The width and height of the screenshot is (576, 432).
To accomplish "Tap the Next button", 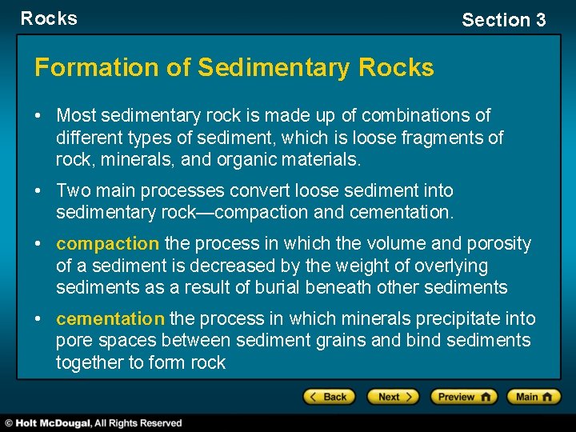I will (393, 397).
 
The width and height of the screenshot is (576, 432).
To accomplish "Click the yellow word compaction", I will (108, 243).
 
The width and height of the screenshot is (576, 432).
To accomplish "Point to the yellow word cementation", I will (110, 318).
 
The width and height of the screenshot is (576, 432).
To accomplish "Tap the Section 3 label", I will (503, 20).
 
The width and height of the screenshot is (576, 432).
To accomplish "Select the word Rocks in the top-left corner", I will (49, 18).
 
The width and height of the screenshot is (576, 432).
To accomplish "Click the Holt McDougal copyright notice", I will (94, 422).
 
